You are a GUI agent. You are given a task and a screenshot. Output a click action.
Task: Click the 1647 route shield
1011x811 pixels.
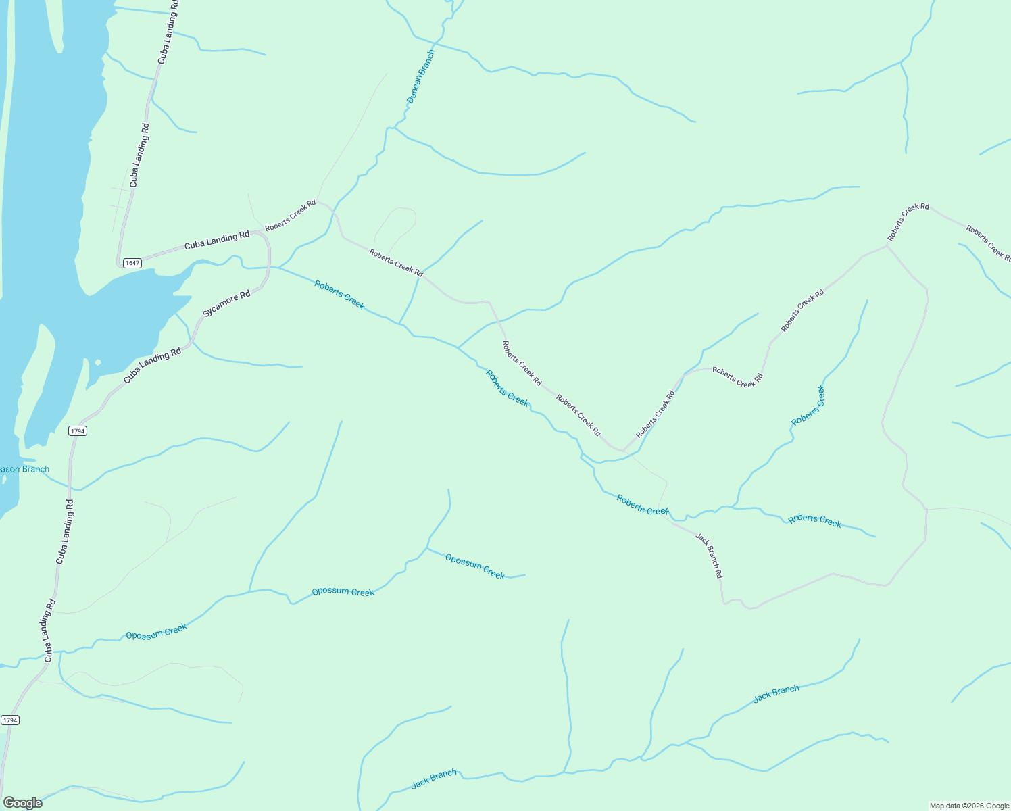[x=132, y=263]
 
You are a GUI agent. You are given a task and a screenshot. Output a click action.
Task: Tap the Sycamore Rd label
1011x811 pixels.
[x=226, y=304]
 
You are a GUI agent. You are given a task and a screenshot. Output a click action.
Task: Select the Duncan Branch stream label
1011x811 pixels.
[x=420, y=76]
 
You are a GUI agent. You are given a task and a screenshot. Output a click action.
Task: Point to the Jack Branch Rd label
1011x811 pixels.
[x=710, y=556]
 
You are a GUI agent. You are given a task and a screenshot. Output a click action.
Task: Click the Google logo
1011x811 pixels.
[x=23, y=803]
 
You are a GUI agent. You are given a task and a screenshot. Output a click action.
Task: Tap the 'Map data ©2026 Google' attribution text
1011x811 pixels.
[x=968, y=806]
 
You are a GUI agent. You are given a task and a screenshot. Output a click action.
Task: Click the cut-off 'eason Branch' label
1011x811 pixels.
[x=25, y=469]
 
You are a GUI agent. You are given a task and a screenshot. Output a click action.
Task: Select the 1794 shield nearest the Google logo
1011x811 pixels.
[x=10, y=720]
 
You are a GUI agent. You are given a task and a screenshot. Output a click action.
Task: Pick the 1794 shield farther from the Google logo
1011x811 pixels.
[x=78, y=431]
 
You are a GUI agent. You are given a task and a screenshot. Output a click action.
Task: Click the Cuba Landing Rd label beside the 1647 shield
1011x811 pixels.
[x=216, y=241]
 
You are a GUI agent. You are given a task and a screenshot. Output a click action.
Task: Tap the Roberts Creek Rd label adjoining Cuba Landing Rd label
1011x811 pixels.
[x=290, y=216]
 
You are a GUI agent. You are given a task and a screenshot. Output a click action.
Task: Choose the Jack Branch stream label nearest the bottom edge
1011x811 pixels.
[x=434, y=779]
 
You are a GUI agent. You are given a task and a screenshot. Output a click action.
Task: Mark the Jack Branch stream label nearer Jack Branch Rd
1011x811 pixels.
[x=776, y=693]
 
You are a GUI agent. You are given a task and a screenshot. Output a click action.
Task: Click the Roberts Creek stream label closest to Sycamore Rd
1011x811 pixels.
[x=339, y=295]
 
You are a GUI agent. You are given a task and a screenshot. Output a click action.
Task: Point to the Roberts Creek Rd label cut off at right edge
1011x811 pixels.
[x=988, y=243]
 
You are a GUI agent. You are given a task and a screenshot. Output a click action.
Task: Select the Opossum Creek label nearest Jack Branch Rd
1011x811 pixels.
[x=474, y=566]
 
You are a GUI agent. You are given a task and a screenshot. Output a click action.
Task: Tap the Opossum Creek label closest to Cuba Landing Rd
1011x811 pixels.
[x=156, y=632]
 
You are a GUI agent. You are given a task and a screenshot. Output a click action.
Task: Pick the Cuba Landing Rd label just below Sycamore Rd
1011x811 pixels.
[x=152, y=366]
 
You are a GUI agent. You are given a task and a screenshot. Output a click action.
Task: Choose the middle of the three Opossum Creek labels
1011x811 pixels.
[x=343, y=592]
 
